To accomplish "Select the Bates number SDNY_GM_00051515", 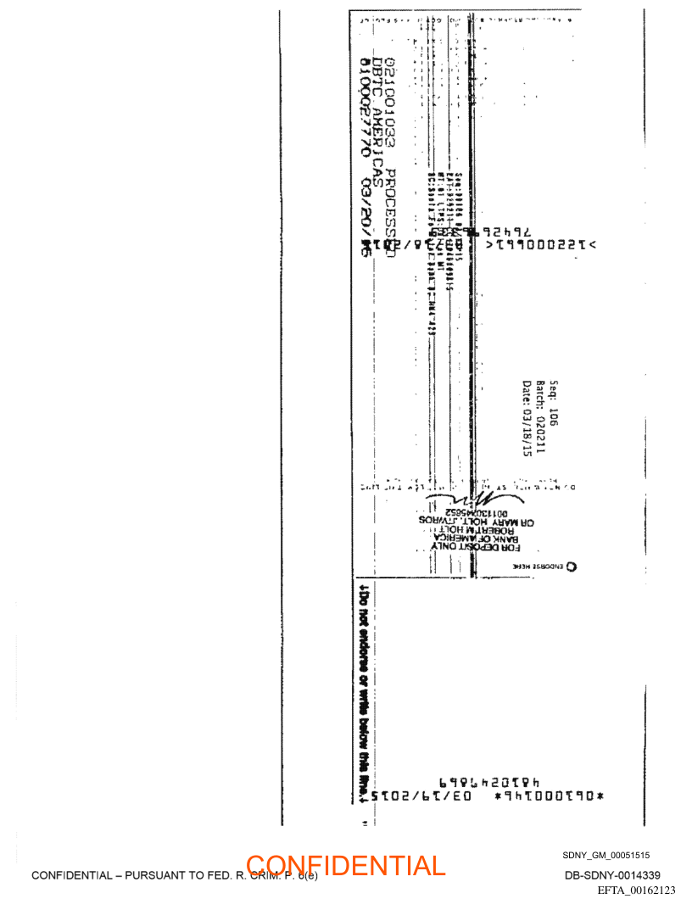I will pos(606,855).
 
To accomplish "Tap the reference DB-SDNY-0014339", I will pos(612,875).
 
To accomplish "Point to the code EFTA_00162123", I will pos(636,890).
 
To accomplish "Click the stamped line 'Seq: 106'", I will pos(554,401).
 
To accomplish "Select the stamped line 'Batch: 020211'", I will pos(540,414).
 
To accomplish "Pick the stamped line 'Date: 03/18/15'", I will pos(527,419).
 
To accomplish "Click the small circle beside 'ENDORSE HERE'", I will pos(571,567).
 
